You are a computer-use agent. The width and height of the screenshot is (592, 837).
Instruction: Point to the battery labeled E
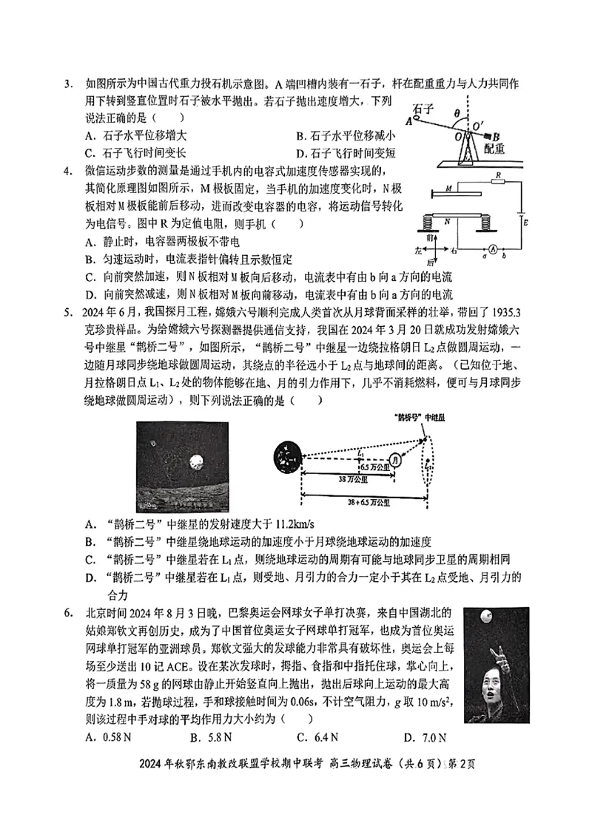tap(522, 220)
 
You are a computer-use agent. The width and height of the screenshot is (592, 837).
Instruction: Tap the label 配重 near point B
tap(495, 148)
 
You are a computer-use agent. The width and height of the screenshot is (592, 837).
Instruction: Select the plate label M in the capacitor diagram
tap(448, 190)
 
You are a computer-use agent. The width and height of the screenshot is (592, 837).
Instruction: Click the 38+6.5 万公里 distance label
tap(357, 501)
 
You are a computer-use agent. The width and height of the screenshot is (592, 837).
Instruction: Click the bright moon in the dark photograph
tap(196, 462)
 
